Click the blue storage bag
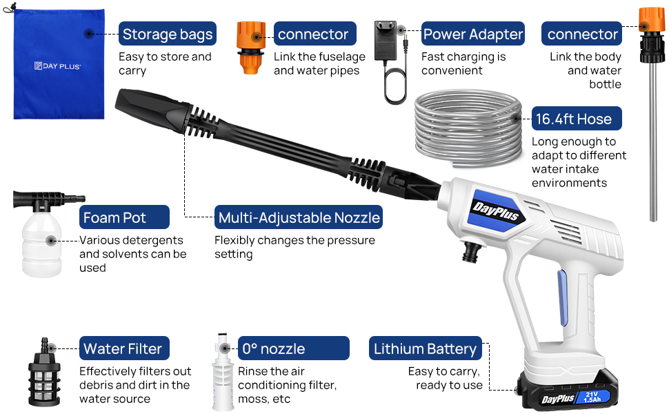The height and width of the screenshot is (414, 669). click(x=59, y=64)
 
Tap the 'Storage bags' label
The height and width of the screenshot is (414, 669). click(x=167, y=34)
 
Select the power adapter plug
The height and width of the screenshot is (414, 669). click(x=386, y=41)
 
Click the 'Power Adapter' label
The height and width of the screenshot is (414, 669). click(x=472, y=34)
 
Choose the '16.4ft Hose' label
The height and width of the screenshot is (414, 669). click(x=577, y=119)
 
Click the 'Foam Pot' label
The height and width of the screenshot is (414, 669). click(x=124, y=217)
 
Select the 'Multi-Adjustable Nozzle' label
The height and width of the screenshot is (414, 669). click(x=299, y=217)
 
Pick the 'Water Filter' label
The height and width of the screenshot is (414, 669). click(x=124, y=348)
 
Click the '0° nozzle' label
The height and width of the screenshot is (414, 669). click(x=294, y=348)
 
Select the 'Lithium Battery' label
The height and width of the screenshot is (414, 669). click(x=426, y=348)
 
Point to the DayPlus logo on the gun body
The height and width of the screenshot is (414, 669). click(x=495, y=211)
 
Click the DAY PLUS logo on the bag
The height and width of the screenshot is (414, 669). click(x=58, y=66)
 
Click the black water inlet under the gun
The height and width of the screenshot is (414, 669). click(x=472, y=252)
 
